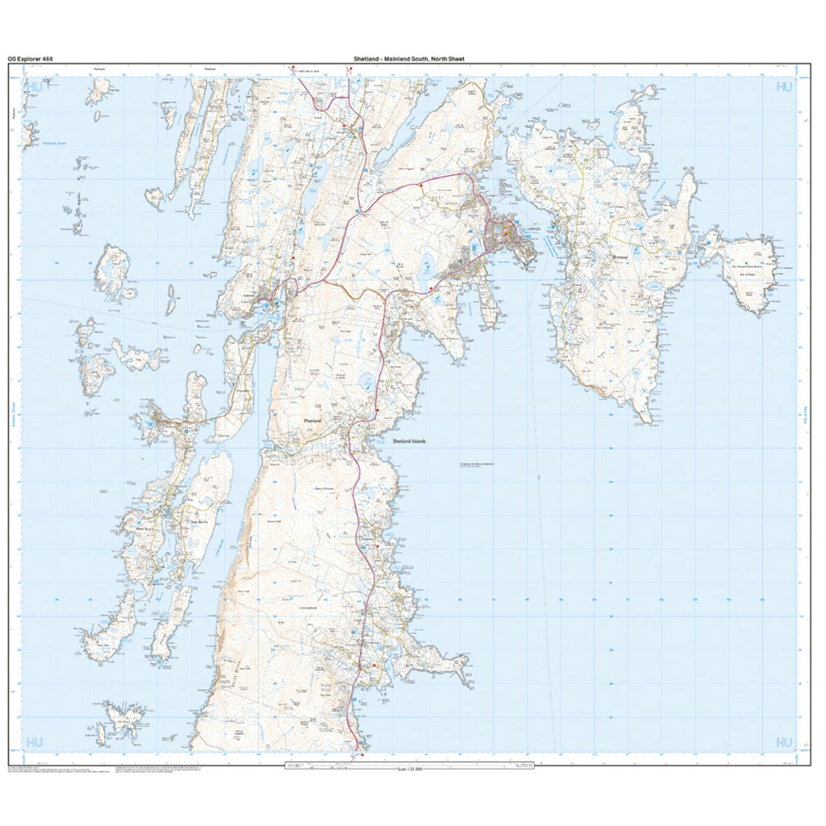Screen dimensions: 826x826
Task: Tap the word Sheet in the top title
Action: pos(453,59)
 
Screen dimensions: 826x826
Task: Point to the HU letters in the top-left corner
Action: pos(34,86)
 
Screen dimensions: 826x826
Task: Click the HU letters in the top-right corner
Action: pos(783,86)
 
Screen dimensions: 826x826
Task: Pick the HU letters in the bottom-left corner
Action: pos(34,741)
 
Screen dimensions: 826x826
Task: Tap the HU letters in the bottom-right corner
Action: pos(783,741)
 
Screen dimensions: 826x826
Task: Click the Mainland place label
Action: pos(311,421)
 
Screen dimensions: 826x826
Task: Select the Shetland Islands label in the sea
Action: pos(409,441)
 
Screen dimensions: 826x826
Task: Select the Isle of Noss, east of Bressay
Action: pos(746,270)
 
